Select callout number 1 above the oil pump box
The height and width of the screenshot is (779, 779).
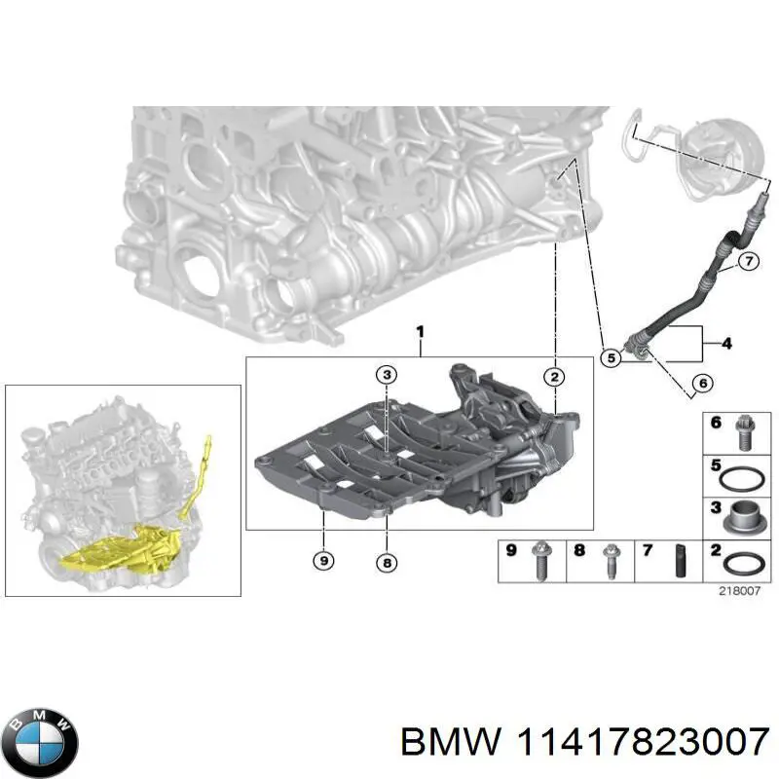[x=420, y=334]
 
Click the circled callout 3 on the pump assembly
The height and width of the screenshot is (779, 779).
[x=387, y=375]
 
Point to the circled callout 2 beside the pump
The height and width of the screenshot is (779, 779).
[x=554, y=377]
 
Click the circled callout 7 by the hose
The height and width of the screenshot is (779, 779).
[x=747, y=260]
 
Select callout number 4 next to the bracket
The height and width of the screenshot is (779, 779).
[x=725, y=343]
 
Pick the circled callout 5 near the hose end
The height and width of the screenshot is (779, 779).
[x=611, y=357]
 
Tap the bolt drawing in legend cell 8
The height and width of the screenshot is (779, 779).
[x=612, y=562]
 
